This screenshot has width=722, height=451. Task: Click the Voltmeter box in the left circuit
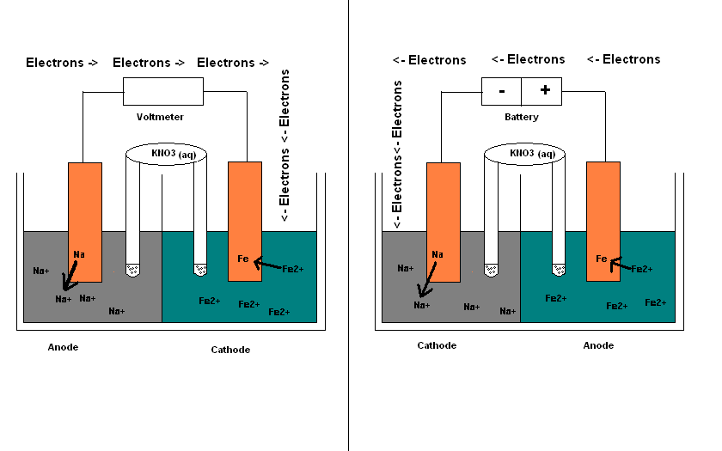tap(163, 90)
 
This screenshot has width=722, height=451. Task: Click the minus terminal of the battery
tap(501, 90)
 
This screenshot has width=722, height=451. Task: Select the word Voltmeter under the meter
tap(160, 117)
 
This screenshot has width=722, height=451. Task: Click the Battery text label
tap(521, 117)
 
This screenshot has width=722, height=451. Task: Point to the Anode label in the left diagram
tap(64, 347)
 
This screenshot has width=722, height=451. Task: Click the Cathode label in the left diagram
tap(230, 350)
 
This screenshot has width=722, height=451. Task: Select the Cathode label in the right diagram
tap(437, 345)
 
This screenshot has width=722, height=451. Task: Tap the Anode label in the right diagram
tap(598, 345)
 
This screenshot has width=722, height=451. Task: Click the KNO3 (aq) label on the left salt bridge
tap(173, 154)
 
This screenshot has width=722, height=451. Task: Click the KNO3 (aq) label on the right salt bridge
tap(532, 154)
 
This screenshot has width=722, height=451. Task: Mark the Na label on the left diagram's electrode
tap(79, 254)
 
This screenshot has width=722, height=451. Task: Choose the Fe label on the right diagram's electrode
tap(602, 259)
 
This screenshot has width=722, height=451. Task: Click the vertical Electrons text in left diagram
tap(285, 146)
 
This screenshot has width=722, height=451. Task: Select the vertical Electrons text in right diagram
tap(397, 155)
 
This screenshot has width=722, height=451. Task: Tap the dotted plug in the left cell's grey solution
tap(133, 269)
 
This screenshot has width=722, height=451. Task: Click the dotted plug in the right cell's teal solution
tap(559, 270)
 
